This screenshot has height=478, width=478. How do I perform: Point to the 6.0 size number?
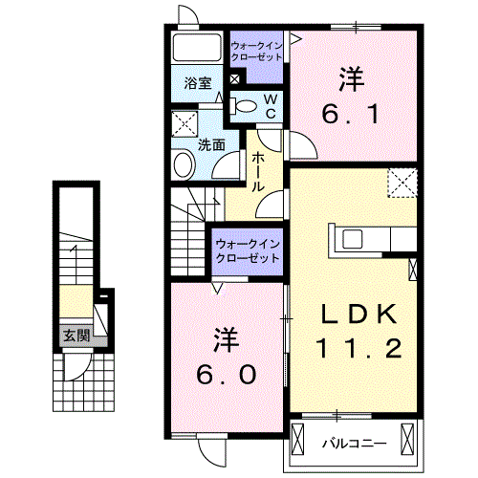pyautogui.click(x=228, y=375)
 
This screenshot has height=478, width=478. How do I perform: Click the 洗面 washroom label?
pyautogui.click(x=211, y=145)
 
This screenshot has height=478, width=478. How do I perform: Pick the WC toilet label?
pyautogui.click(x=272, y=106)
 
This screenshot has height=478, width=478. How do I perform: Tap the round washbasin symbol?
pyautogui.click(x=184, y=166)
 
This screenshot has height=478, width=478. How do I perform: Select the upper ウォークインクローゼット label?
pyautogui.click(x=256, y=50)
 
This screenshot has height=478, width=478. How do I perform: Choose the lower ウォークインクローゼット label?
pyautogui.click(x=248, y=250)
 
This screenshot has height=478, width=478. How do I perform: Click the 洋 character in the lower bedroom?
pyautogui.click(x=226, y=338)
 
